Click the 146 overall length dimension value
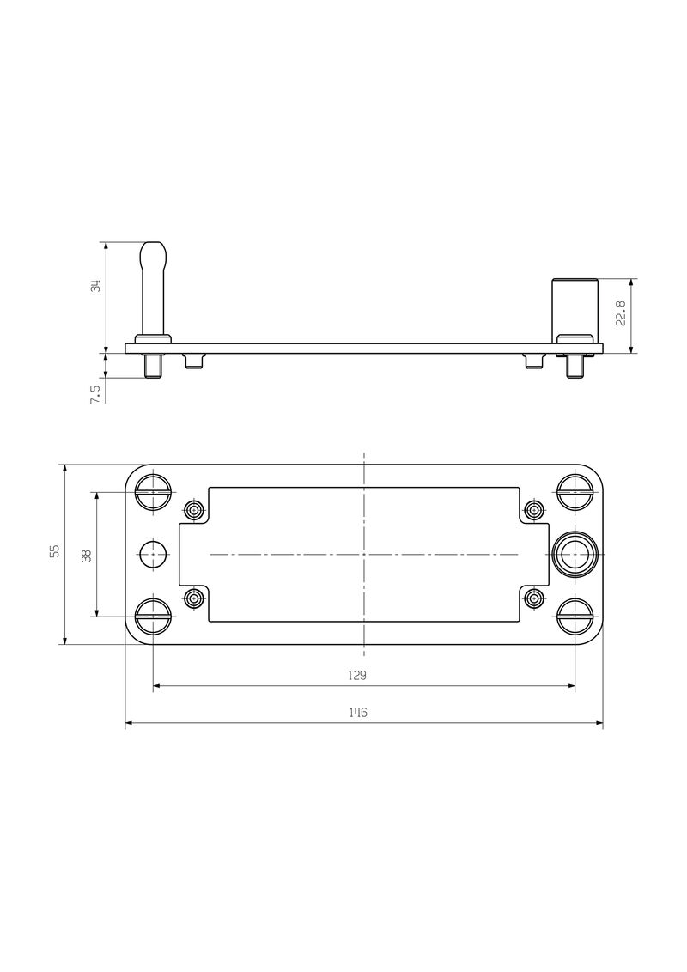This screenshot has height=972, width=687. click(x=358, y=713)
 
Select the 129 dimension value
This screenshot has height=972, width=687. click(x=358, y=676)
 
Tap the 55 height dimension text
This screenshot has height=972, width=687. click(x=55, y=551)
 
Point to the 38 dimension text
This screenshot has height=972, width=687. click(x=86, y=556)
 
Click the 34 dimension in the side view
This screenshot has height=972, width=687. click(x=96, y=286)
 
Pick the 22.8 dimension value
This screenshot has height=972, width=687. click(x=621, y=313)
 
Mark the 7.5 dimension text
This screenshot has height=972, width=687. click(x=95, y=393)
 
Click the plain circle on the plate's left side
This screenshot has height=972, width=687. click(x=155, y=555)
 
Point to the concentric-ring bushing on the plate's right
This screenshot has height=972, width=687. click(x=574, y=555)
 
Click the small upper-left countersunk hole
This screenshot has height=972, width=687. click(x=195, y=511)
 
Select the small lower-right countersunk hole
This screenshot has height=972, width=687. click(x=534, y=598)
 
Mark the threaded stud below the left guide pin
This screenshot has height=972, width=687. click(x=154, y=366)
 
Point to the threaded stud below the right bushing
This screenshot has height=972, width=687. click(x=574, y=366)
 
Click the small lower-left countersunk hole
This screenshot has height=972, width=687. click(x=195, y=598)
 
